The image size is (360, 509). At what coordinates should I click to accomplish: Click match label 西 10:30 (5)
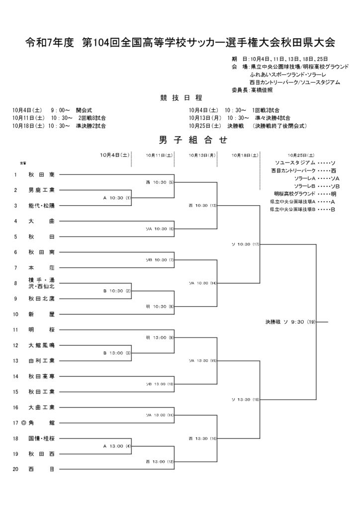pos(159,182)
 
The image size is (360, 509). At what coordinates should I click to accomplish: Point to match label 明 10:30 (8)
pos(159,306)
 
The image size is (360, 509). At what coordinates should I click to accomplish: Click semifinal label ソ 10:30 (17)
pos(246,244)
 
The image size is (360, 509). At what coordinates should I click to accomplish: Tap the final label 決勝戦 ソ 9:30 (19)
pos(290,322)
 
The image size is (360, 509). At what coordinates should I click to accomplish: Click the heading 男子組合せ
pos(180,141)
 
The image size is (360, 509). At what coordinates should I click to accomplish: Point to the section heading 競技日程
pos(180,98)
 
